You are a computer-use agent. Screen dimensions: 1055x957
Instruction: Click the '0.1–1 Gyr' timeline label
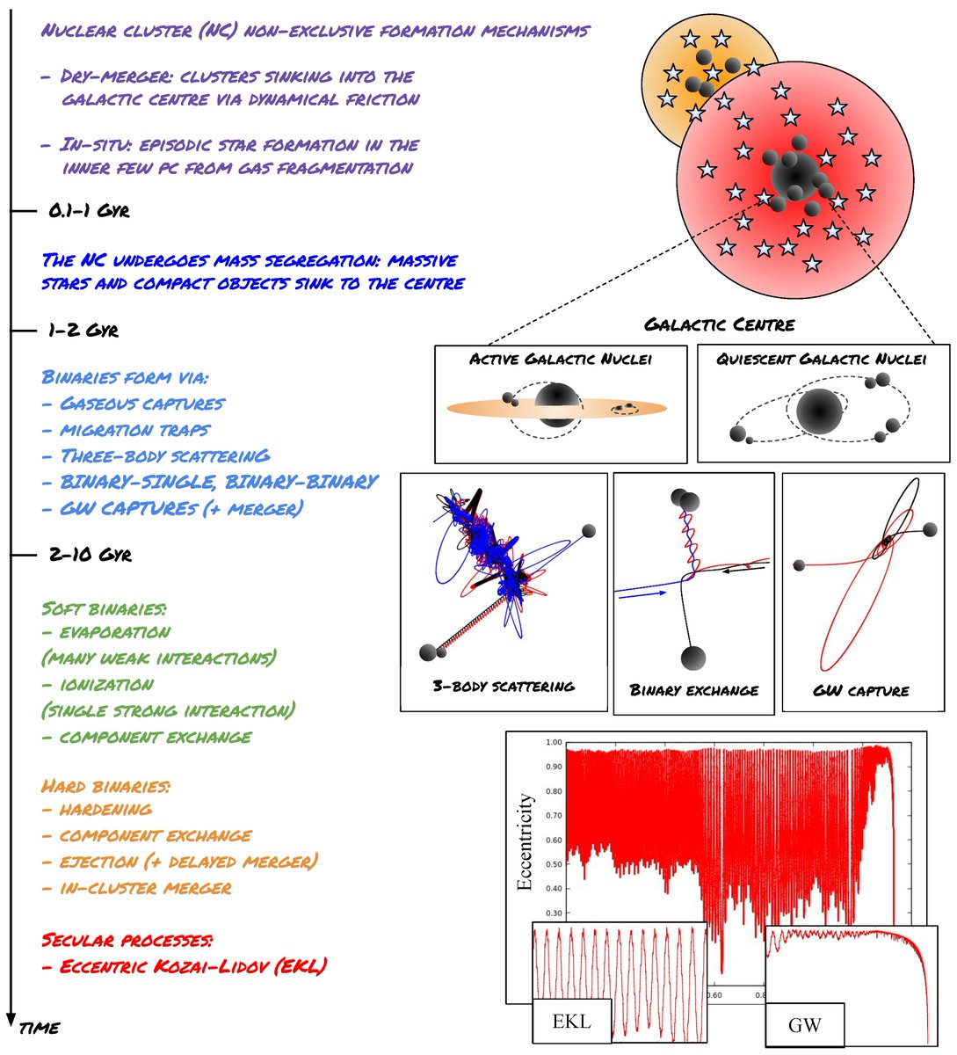(91, 212)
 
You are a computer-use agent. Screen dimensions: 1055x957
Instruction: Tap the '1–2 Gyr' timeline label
(83, 331)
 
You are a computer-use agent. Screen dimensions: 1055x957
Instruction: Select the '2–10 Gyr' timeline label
(91, 556)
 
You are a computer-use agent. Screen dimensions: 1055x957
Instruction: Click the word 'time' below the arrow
(40, 1026)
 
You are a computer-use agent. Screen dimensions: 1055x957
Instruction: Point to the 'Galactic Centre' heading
(719, 324)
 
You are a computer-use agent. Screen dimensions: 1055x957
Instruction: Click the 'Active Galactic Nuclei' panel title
(561, 359)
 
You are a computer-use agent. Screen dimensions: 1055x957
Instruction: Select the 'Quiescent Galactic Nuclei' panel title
(821, 359)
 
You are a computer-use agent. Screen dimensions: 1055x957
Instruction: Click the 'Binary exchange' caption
(693, 689)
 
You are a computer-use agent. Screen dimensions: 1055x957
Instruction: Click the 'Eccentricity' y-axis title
(525, 841)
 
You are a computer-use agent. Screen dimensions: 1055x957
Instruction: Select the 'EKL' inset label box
(571, 1022)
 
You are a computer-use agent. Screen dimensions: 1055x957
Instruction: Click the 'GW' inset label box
(804, 1025)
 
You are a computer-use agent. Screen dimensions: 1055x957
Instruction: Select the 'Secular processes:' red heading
(127, 940)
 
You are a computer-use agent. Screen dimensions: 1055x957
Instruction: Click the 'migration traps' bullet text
(134, 430)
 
